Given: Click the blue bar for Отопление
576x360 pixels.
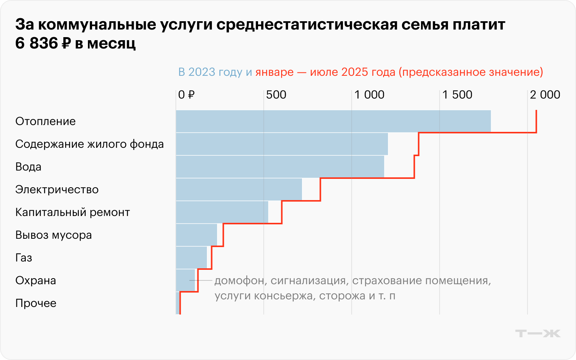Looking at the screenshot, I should tap(333, 121).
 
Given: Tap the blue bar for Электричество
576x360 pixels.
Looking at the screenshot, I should tap(239, 189).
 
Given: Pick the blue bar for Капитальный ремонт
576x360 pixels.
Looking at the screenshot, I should tap(222, 212).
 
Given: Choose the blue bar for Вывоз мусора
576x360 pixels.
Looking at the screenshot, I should tap(196, 235).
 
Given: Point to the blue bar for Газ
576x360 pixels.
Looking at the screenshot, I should tap(191, 258).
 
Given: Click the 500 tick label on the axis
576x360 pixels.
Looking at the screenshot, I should tap(276, 95).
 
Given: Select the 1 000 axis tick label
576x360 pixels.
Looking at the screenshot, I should tap(369, 95).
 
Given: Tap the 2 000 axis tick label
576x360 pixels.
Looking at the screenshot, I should tap(545, 95).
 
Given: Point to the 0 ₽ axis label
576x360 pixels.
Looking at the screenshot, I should tap(186, 95).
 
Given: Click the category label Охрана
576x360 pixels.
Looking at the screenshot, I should tap(36, 280).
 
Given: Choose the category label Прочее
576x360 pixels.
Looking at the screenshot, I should tap(36, 303).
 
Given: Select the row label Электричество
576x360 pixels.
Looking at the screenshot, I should tap(57, 189).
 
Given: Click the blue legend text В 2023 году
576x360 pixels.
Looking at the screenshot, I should tap(210, 72).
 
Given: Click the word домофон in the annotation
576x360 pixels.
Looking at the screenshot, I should tap(239, 281).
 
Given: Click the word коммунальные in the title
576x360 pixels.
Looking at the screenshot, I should tap(97, 25).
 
